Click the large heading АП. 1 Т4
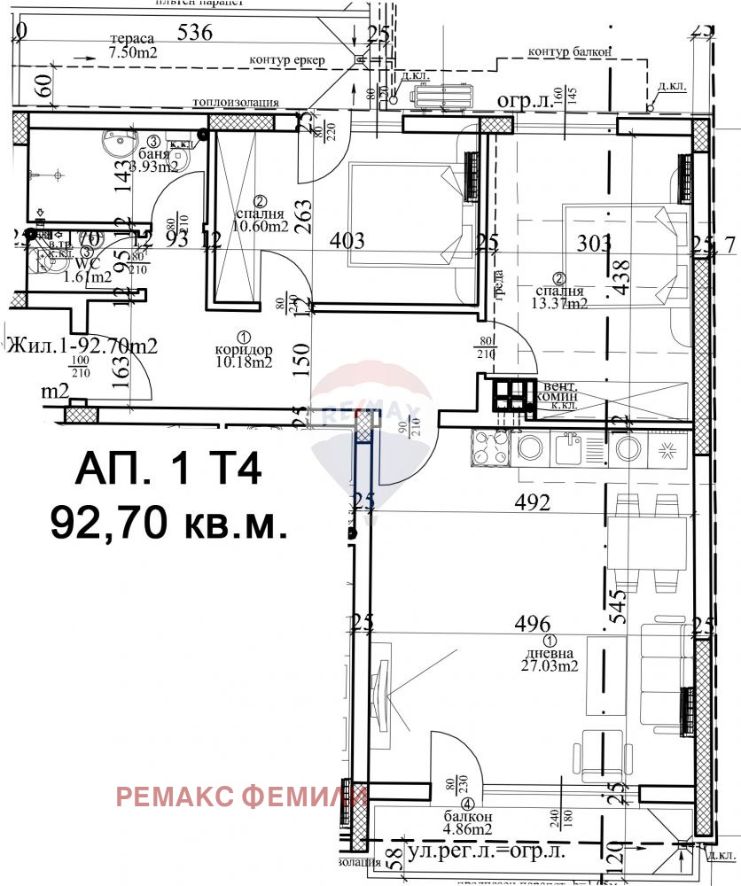point(168,470)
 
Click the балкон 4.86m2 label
point(468,823)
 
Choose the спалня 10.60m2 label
point(261,220)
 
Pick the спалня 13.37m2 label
point(558,297)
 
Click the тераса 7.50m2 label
point(131,46)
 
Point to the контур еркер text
point(288,60)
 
